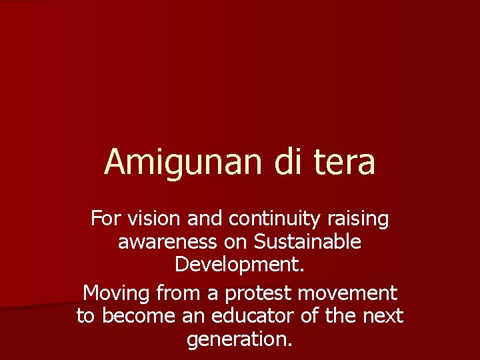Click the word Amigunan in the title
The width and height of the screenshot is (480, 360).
(x=183, y=162)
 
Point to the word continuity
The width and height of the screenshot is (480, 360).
(x=265, y=218)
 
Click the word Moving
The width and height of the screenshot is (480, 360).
(x=117, y=293)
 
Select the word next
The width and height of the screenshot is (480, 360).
(x=382, y=316)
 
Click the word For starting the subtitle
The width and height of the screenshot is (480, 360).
(x=103, y=218)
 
